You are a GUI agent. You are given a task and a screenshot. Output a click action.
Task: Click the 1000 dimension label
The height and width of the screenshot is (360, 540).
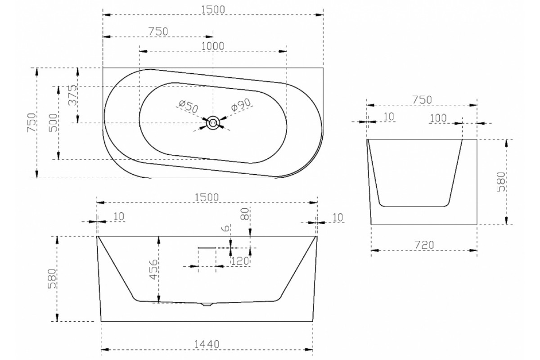point(212,46)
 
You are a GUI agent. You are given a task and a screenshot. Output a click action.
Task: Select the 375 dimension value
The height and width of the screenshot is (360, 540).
point(73,95)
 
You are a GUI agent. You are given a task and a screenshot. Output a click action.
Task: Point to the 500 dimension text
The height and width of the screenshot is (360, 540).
point(54,123)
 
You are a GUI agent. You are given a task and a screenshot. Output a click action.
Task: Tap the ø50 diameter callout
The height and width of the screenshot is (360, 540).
point(189,107)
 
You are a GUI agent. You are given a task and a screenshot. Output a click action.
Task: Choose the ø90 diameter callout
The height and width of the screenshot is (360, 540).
point(241,105)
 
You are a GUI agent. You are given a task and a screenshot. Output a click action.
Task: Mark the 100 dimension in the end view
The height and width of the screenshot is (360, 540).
point(438,118)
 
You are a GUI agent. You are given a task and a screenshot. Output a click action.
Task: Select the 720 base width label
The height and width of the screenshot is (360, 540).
point(424,245)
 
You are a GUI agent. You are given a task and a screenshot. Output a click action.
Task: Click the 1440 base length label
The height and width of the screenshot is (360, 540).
point(207,344)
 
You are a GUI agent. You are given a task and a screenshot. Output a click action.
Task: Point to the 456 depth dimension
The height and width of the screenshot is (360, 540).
point(153,269)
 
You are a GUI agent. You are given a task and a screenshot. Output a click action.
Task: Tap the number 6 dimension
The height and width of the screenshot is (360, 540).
point(226,228)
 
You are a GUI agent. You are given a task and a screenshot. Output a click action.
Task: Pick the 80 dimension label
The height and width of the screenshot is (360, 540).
point(245,214)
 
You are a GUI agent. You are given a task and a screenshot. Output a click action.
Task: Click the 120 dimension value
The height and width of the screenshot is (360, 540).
point(240,261)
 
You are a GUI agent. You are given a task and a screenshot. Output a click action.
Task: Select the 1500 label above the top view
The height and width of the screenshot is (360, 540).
point(213,10)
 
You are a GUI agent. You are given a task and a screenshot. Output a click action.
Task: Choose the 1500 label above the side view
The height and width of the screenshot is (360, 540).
point(207,198)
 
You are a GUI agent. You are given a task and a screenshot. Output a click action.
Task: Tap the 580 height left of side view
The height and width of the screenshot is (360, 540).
point(52,279)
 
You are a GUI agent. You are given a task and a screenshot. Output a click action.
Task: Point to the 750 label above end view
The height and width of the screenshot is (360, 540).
point(422,100)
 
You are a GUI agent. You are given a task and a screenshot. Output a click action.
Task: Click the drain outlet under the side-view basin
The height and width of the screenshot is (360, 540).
point(207,304)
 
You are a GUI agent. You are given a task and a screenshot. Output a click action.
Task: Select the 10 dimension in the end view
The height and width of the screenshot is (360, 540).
point(388,117)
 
